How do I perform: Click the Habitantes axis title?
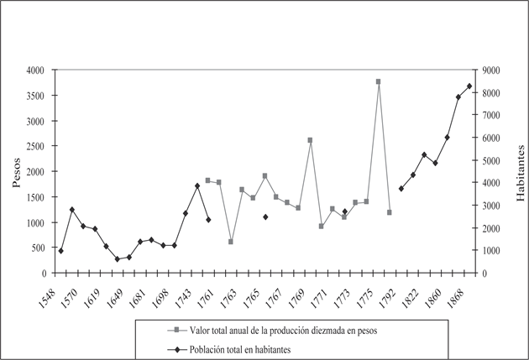[519, 172]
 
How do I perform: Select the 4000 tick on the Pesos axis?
[35, 70]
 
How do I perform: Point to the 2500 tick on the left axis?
[35, 147]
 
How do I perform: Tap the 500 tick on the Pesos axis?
[39, 248]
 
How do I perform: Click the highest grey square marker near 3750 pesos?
[379, 81]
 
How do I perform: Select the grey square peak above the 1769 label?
[310, 140]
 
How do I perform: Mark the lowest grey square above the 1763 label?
[231, 242]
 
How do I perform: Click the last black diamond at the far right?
[469, 86]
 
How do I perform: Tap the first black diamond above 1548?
[60, 251]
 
